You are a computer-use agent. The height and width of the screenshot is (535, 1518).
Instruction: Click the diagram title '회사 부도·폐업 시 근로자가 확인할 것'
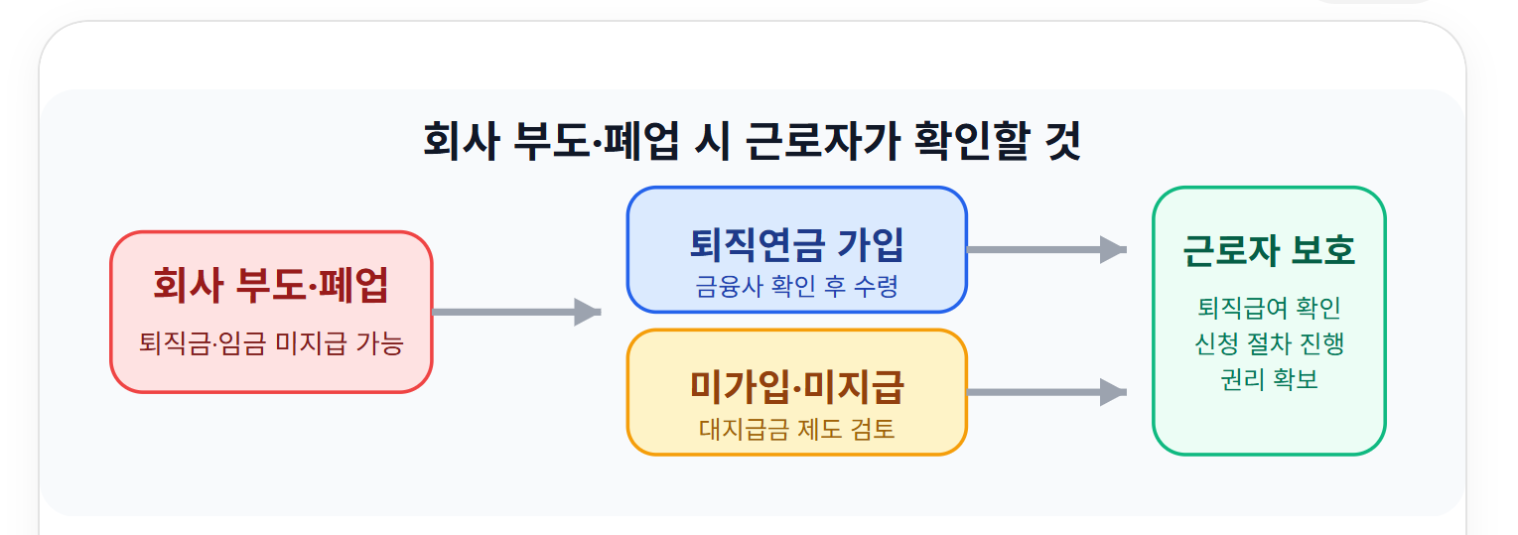click(752, 142)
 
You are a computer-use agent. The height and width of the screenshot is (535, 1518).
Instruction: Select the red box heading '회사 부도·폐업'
click(271, 285)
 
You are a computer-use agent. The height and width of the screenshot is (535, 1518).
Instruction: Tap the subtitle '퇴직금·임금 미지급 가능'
click(271, 343)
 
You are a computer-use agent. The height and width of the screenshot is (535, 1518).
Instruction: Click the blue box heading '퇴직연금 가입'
click(796, 244)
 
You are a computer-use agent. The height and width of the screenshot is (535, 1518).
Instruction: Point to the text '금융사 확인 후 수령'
click(796, 287)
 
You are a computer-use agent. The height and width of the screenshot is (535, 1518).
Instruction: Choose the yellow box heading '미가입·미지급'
click(796, 386)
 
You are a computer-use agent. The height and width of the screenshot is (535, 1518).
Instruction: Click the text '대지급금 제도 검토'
click(796, 429)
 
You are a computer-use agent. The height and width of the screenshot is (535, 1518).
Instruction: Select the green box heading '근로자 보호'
click(1269, 250)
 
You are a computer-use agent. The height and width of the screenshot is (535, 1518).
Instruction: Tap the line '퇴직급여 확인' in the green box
click(1269, 308)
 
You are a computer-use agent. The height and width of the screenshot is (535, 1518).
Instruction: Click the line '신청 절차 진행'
click(1269, 343)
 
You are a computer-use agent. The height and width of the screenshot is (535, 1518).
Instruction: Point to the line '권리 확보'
click(1269, 379)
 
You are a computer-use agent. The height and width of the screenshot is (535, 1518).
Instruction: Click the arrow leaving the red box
click(516, 312)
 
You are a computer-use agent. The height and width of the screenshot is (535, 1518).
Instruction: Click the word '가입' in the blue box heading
click(871, 244)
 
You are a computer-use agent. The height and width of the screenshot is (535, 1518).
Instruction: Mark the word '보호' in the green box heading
click(1323, 250)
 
